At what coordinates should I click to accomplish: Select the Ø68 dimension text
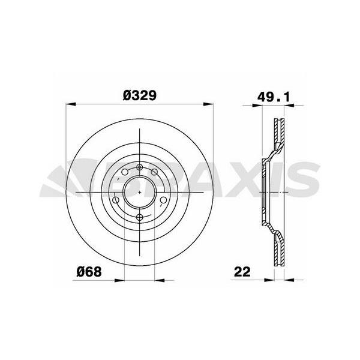coord(89,271)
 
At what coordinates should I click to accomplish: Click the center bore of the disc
coord(139,191)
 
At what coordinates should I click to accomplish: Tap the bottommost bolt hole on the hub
coord(139,217)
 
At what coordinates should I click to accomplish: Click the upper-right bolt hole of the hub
coord(154,173)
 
